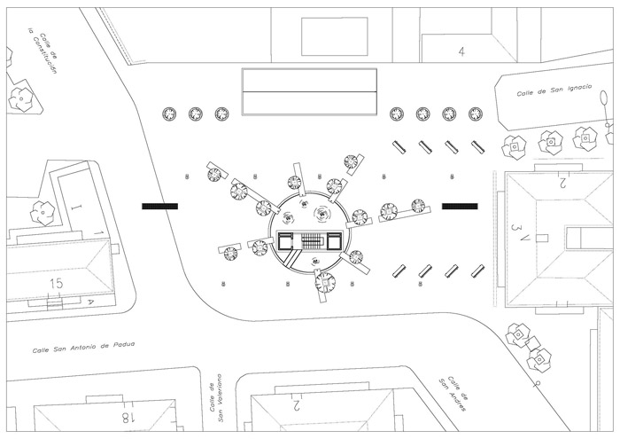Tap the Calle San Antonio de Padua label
83,346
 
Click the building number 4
461,51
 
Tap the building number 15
57,283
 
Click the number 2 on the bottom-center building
297,406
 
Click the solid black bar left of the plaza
159,206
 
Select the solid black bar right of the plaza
460,206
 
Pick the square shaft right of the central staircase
334,240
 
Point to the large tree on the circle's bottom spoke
325,283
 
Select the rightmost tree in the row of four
477,114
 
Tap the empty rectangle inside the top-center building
334,35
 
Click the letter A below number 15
89,302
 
